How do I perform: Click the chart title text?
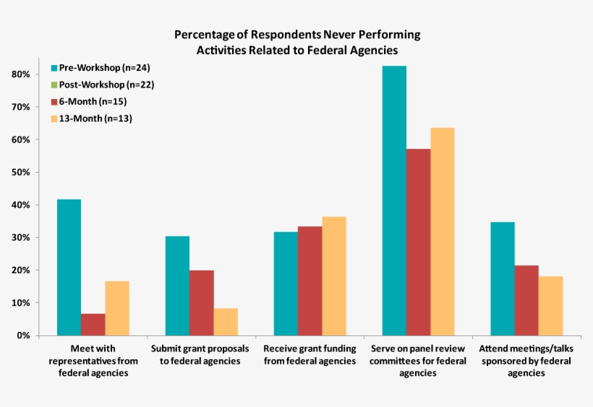point(296,43)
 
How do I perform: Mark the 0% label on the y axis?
point(23,336)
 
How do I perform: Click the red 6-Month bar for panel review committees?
point(418,241)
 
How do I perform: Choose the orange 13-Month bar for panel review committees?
point(442,231)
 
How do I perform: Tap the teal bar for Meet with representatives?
point(69,267)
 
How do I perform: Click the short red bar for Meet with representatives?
point(93,324)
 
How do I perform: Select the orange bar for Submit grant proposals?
point(225,322)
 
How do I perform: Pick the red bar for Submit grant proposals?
point(201,302)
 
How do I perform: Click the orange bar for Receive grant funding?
point(333,275)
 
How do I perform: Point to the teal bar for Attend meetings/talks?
point(503,278)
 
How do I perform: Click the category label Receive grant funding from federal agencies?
point(310,354)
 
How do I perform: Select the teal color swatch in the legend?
point(54,68)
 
